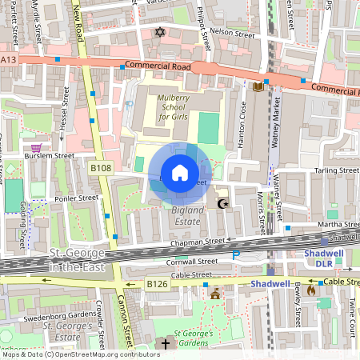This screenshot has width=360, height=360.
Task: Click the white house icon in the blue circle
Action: pyautogui.click(x=180, y=172)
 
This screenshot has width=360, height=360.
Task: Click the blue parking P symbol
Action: pyautogui.click(x=235, y=255)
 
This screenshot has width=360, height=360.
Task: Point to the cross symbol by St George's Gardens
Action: pyautogui.click(x=166, y=344)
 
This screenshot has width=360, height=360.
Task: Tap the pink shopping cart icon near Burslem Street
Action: pyautogui.click(x=35, y=148)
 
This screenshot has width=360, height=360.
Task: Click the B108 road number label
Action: pyautogui.click(x=100, y=168)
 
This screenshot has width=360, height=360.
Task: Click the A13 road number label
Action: pyautogui.click(x=8, y=59)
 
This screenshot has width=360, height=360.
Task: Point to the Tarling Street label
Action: pyautogui.click(x=336, y=170)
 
